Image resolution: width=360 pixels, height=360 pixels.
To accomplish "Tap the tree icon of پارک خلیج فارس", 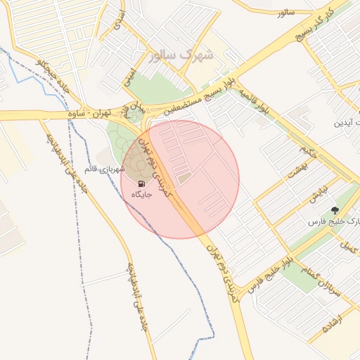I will (x=335, y=210).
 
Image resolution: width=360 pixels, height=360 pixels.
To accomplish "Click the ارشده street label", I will (x=331, y=323).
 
